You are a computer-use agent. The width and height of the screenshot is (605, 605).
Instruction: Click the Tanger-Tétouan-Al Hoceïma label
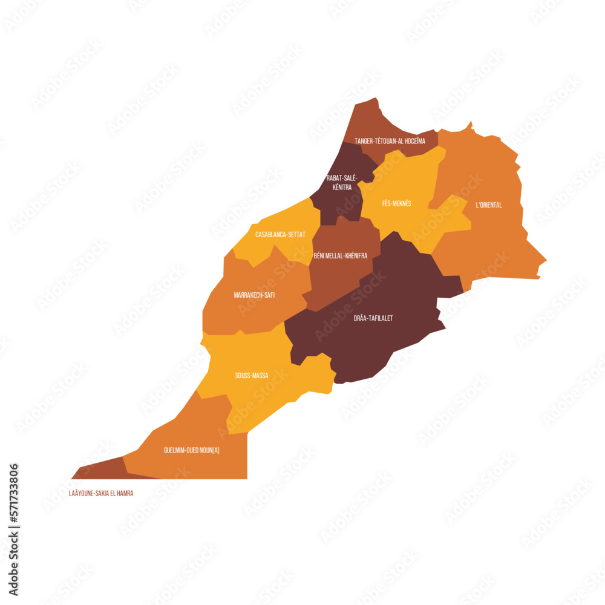[390, 141]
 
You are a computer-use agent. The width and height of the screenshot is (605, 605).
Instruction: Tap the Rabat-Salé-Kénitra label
[342, 182]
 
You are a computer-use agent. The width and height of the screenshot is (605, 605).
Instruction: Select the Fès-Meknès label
[396, 203]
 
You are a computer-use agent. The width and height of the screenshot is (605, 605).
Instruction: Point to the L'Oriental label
[488, 205]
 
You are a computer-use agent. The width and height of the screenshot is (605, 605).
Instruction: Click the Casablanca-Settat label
[280, 234]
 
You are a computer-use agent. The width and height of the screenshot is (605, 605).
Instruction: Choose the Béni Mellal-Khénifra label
[341, 256]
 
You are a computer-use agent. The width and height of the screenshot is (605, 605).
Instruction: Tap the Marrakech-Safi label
[254, 295]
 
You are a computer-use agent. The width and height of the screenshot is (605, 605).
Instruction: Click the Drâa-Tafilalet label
[373, 318]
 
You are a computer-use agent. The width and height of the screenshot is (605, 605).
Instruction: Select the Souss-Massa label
[252, 376]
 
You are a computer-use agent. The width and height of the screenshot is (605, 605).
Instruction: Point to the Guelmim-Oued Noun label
[192, 450]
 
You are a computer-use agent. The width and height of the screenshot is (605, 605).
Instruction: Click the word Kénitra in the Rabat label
[342, 188]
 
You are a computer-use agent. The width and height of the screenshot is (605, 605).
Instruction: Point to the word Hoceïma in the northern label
[413, 141]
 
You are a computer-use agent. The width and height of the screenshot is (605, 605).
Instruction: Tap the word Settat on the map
[295, 234]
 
